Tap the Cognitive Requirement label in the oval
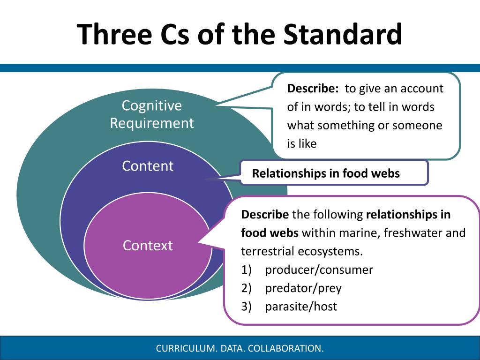click(151, 114)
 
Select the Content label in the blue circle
click(148, 166)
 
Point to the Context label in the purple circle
click(148, 245)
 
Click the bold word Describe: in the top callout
click(313, 89)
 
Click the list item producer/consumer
click(319, 270)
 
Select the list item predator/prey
click(303, 288)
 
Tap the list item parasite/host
click(301, 307)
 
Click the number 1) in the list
click(247, 270)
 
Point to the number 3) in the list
click(247, 307)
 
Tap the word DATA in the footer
click(232, 348)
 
